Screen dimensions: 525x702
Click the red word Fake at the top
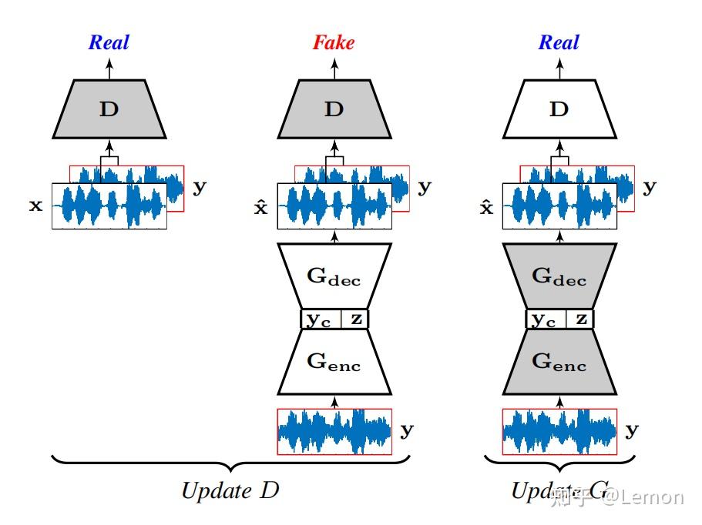pos(334,42)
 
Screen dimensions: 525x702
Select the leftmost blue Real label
pos(109,42)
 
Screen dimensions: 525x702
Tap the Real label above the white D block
pos(559,42)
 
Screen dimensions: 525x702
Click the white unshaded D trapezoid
pos(559,109)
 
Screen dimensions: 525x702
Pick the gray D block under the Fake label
pos(334,109)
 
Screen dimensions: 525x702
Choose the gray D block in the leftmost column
pos(109,109)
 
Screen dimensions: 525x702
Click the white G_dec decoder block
pos(334,276)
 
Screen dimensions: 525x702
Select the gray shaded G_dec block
pos(559,276)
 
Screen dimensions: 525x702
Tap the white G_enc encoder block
pos(334,361)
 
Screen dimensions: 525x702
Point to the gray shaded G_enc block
pos(559,361)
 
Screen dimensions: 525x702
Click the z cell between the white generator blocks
pos(355,319)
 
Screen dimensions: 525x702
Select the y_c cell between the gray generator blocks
pos(544,319)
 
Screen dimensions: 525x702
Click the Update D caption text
pos(229,490)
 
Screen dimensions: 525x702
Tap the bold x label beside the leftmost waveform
pos(35,206)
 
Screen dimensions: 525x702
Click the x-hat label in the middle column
pos(261,206)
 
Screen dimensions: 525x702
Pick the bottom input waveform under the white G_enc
pos(334,431)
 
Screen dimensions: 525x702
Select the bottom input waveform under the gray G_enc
pos(559,431)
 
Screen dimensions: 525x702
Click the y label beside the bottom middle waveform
pos(406,430)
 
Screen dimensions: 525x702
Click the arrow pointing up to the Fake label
pos(334,68)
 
